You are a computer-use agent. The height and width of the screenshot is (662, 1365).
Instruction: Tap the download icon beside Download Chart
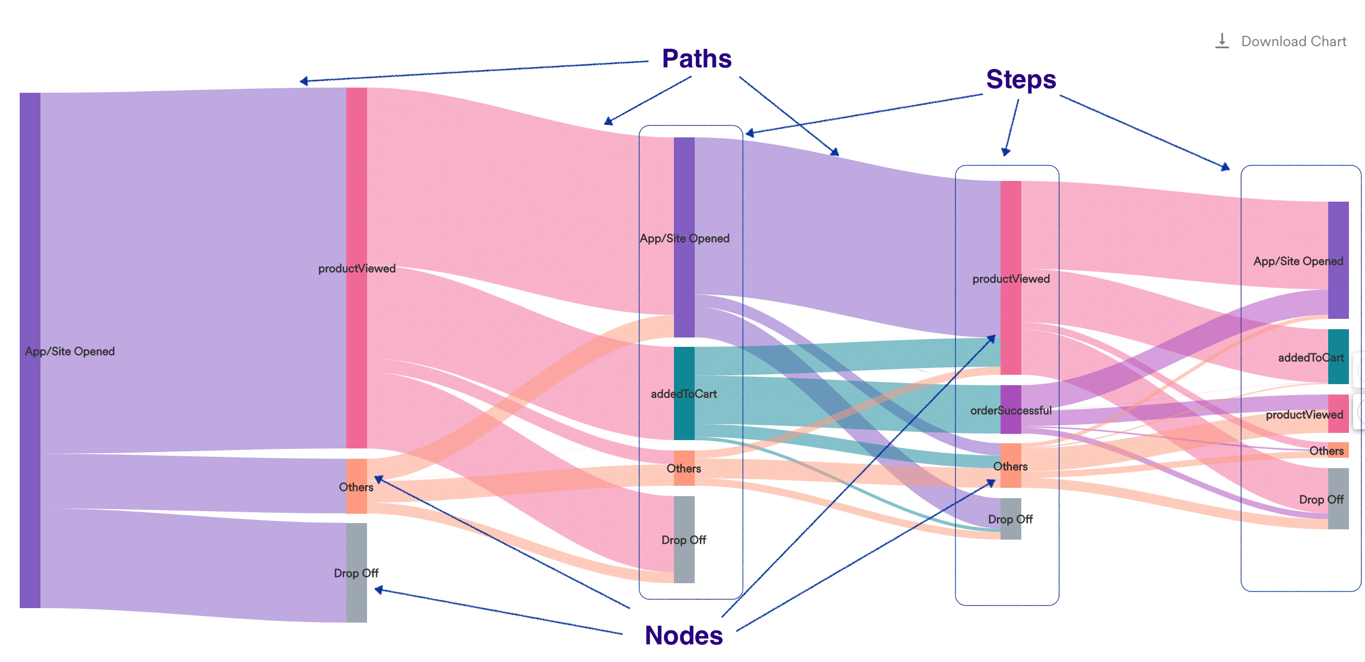pyautogui.click(x=1221, y=41)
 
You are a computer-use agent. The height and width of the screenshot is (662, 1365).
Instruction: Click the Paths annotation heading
pyautogui.click(x=696, y=58)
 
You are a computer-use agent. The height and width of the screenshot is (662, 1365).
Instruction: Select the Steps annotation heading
pyautogui.click(x=1021, y=79)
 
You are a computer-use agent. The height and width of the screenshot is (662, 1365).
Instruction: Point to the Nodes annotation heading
pyautogui.click(x=684, y=635)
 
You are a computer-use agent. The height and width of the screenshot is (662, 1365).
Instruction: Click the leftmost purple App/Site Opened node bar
pyautogui.click(x=30, y=350)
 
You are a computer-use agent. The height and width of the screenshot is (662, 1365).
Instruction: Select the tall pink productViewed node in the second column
pyautogui.click(x=356, y=267)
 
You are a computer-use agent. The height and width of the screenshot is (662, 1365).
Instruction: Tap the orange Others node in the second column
pyautogui.click(x=356, y=486)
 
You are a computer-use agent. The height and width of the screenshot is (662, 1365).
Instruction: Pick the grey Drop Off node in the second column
pyautogui.click(x=356, y=572)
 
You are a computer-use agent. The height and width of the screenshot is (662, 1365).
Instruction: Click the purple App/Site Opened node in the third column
pyautogui.click(x=684, y=237)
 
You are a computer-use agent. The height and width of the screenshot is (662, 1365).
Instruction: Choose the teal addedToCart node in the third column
pyautogui.click(x=684, y=393)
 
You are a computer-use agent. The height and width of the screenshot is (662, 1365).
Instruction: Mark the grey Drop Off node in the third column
pyautogui.click(x=684, y=540)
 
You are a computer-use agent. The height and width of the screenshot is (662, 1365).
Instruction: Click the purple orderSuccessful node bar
pyautogui.click(x=1010, y=410)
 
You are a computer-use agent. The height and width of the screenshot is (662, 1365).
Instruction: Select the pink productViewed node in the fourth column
pyautogui.click(x=1010, y=278)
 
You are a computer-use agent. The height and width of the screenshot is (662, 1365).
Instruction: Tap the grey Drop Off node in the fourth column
pyautogui.click(x=1010, y=519)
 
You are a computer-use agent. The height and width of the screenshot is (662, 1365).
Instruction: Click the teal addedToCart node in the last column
pyautogui.click(x=1338, y=357)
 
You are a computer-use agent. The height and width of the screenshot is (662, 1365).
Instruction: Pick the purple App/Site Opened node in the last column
pyautogui.click(x=1338, y=260)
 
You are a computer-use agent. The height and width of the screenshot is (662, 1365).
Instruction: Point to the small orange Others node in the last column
pyautogui.click(x=1338, y=450)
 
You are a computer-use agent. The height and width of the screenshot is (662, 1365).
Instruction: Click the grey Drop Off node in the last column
pyautogui.click(x=1338, y=498)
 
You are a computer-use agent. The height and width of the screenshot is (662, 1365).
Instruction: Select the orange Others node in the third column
pyautogui.click(x=684, y=468)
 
